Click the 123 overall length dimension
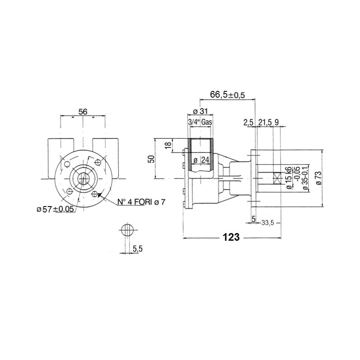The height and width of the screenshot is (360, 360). coord(231,237)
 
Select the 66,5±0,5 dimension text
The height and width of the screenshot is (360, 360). coord(228,94)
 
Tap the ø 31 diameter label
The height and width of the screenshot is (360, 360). coord(200,111)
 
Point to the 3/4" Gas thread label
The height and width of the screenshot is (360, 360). coord(200,122)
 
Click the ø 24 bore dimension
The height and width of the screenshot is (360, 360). coord(201,160)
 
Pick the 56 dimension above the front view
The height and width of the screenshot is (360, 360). coord(83,112)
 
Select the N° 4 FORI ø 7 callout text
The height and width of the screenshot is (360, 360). coord(141,202)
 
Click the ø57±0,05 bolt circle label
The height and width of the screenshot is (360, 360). coord(55,209)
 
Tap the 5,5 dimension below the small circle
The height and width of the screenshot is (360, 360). coord(138,248)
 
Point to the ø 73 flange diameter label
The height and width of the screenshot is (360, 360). coord(319,178)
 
